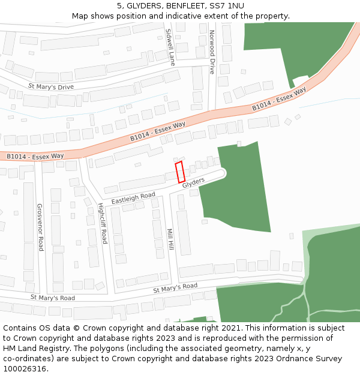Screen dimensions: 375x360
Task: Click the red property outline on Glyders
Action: (179, 172)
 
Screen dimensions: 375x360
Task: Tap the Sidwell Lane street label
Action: (170, 46)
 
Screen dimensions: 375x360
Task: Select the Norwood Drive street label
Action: (212, 52)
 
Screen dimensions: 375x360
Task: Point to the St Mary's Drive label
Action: (51, 87)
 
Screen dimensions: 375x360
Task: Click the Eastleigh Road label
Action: (133, 198)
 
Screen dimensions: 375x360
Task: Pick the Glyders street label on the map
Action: (194, 184)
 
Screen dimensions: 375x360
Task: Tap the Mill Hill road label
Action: (170, 239)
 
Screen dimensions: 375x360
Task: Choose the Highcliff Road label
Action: (102, 223)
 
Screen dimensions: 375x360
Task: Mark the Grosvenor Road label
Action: (40, 227)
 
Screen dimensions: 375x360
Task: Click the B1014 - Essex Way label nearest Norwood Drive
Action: (279, 98)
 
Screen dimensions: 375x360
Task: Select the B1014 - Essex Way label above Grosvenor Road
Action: (35, 156)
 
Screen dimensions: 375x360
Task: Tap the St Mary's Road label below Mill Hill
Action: (175, 288)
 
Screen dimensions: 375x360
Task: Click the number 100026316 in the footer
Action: (25, 368)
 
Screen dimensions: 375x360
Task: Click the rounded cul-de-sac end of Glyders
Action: (223, 173)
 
